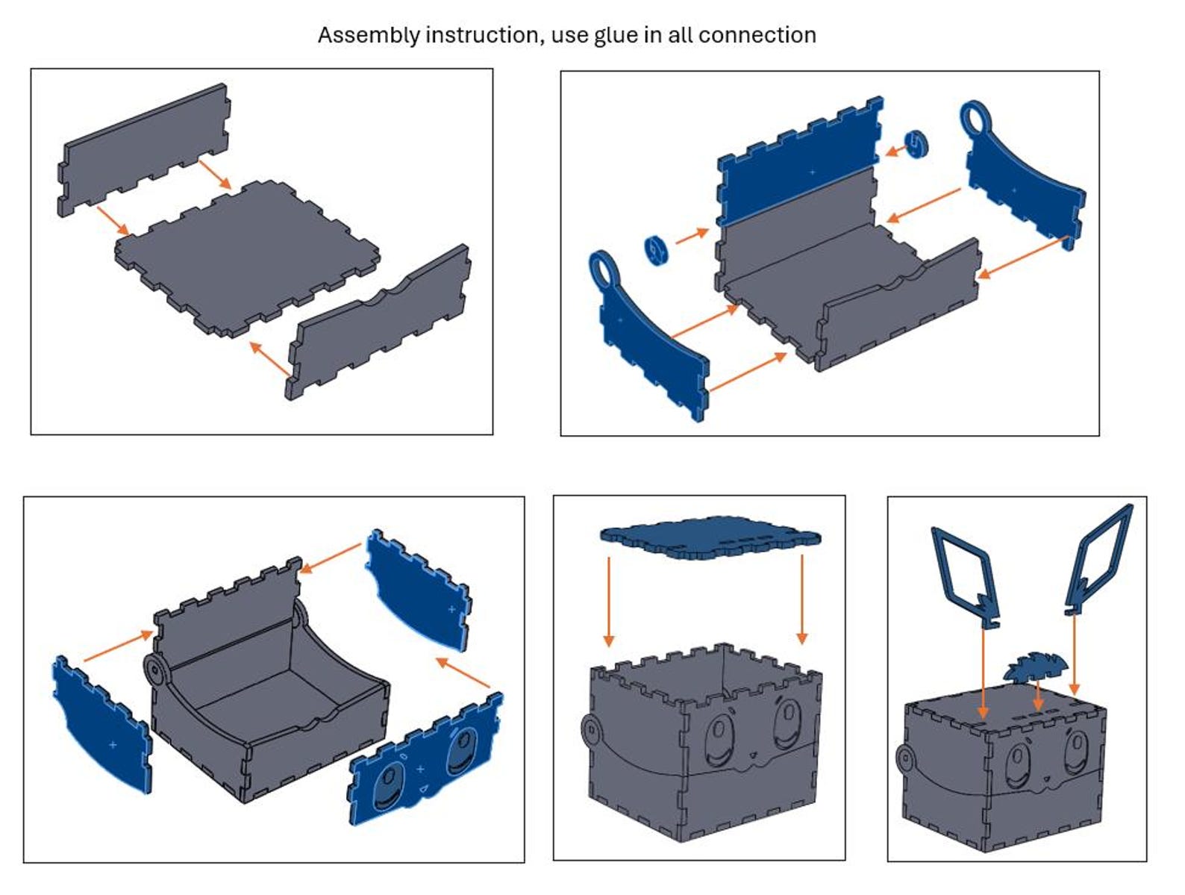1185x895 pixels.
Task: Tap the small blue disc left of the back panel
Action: pyautogui.click(x=657, y=251)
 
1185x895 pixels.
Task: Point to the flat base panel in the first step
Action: pyautogui.click(x=247, y=259)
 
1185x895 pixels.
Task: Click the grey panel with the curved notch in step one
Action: pyautogui.click(x=378, y=322)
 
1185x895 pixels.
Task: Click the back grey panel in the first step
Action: pyautogui.click(x=144, y=150)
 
